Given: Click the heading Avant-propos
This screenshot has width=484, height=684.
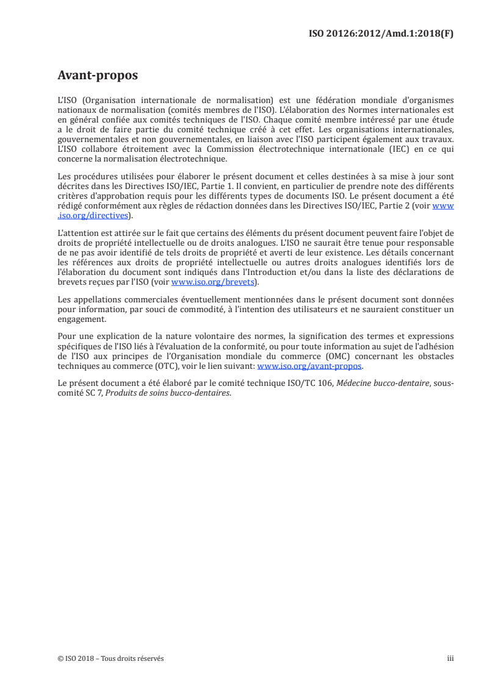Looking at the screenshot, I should tap(97, 76).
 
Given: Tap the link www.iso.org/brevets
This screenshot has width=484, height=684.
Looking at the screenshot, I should tap(212, 282).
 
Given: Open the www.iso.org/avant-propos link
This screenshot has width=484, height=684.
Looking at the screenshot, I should tap(310, 366).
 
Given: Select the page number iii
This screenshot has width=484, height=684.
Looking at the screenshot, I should tap(450, 658).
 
